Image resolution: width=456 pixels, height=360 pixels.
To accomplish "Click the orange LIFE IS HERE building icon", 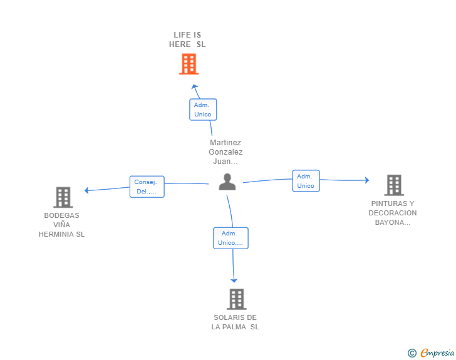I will [189, 64].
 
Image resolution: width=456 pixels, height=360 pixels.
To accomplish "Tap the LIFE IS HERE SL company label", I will [187, 39].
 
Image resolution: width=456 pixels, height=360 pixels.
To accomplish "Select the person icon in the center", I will [227, 182].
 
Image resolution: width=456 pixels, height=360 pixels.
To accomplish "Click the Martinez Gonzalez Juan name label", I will [226, 152].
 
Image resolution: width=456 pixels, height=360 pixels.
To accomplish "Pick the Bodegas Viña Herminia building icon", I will [63, 197].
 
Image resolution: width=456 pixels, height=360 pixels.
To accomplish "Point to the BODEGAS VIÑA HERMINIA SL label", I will [61, 225].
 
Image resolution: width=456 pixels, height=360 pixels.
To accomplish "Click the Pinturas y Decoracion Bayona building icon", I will [393, 185].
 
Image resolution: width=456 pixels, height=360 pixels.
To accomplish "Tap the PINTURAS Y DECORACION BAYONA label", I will [393, 213].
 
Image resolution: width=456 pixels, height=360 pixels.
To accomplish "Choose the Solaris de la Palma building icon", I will [236, 299].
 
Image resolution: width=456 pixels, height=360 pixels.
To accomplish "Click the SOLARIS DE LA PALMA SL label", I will [235, 322].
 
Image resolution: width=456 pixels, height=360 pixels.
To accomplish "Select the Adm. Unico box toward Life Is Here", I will [203, 110].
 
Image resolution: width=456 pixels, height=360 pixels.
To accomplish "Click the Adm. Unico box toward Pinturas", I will [306, 181].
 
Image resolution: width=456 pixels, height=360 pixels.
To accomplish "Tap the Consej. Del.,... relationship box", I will [147, 187].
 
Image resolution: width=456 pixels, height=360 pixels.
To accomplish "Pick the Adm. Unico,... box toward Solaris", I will [231, 238].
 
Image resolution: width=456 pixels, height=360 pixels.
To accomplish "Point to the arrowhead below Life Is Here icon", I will [194, 86].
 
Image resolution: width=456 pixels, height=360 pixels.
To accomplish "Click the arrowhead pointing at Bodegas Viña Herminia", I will [87, 190].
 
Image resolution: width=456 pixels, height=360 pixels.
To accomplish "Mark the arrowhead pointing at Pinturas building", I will [366, 180].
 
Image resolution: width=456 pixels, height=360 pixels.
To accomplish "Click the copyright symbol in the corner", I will [412, 353].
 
